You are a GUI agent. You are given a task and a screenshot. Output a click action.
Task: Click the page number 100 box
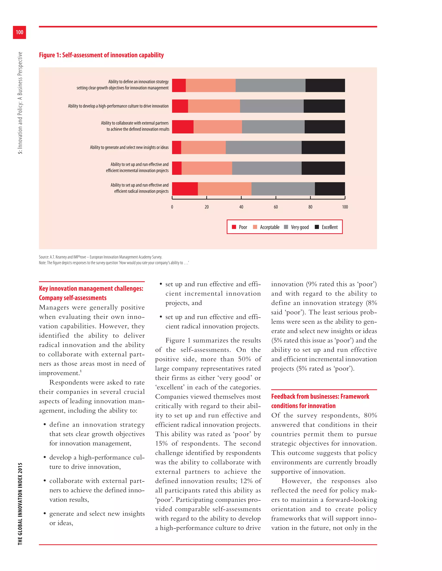(19, 32)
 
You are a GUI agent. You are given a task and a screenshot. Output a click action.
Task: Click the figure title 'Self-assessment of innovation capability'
(101, 55)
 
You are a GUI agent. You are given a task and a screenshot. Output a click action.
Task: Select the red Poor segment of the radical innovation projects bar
(185, 189)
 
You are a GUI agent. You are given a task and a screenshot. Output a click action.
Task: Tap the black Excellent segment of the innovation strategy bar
(325, 86)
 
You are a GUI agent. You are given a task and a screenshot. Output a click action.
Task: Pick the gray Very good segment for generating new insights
(264, 147)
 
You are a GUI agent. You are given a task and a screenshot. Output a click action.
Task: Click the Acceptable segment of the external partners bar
(218, 127)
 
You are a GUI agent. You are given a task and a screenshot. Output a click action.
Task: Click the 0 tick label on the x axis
(172, 207)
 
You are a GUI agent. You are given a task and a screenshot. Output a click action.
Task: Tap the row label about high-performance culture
(118, 106)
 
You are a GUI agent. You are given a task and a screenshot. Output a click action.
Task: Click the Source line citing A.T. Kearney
(101, 257)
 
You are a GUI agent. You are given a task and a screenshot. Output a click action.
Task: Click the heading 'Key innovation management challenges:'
(91, 289)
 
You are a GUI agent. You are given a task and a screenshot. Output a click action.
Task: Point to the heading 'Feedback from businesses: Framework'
(320, 397)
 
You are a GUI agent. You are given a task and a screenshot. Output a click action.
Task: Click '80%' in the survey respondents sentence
(370, 415)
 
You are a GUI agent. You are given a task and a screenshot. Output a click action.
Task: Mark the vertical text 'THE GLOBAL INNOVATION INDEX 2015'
(20, 504)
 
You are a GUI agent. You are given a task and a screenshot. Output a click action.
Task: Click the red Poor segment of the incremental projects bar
(177, 168)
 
